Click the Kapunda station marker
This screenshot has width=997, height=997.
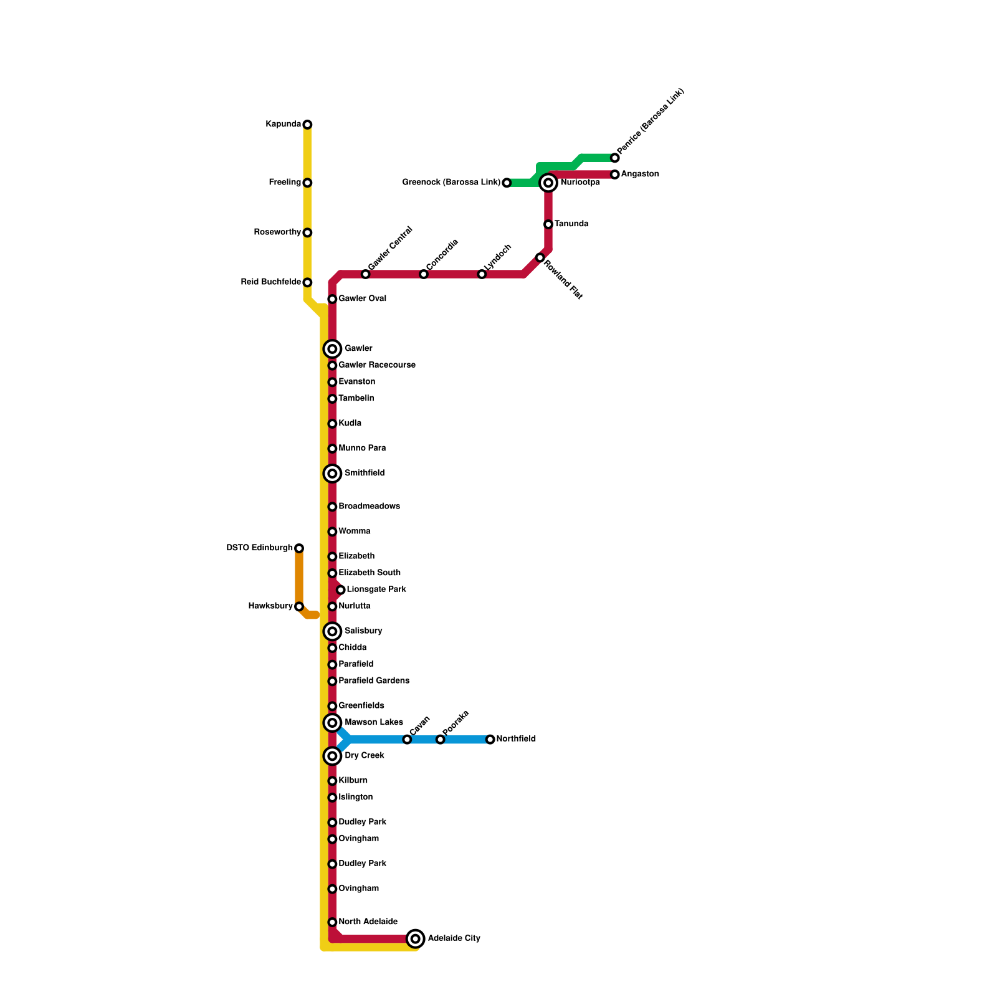point(307,125)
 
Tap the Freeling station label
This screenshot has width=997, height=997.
point(285,183)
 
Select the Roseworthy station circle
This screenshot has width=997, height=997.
point(307,232)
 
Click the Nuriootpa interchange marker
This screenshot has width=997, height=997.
point(548,183)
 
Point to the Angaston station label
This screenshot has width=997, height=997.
point(640,174)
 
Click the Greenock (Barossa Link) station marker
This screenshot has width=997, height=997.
point(507,183)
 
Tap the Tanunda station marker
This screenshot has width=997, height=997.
point(548,224)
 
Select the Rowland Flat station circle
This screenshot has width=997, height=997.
point(540,257)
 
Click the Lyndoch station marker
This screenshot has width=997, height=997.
point(482,274)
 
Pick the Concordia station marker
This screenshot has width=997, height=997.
point(424,274)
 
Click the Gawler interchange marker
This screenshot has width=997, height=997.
point(333,349)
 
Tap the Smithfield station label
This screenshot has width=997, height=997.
point(365,474)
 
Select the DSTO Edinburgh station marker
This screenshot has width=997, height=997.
point(299,548)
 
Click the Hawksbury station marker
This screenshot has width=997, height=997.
point(299,606)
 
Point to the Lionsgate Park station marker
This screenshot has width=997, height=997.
point(340,589)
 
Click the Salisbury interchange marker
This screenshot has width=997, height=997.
point(333,632)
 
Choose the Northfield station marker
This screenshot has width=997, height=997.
point(490,740)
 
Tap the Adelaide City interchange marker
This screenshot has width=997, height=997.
point(416,938)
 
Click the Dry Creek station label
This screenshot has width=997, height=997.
point(365,756)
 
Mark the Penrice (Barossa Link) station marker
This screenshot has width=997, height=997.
point(615,158)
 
